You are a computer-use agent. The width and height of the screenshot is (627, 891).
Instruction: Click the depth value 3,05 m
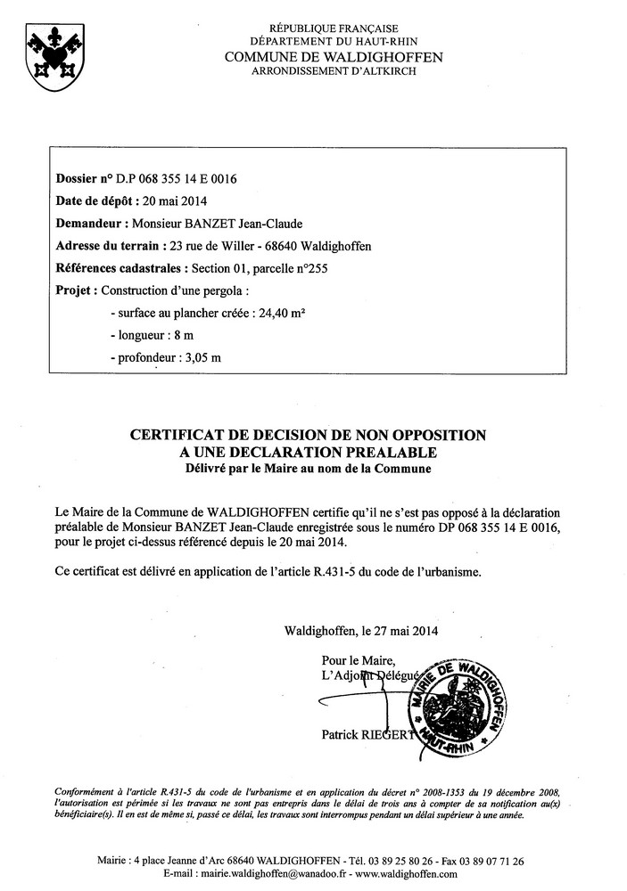[202, 357]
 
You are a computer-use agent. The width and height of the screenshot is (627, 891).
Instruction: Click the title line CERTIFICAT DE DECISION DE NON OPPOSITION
[309, 436]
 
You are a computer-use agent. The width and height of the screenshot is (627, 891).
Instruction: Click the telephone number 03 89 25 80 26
[395, 861]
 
